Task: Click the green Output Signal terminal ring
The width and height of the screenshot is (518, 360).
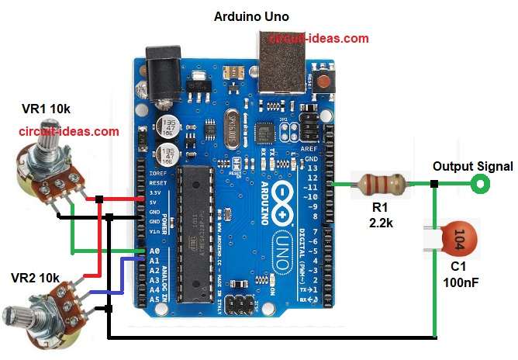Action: coord(482,184)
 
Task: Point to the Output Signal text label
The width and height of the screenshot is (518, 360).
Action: coord(472,166)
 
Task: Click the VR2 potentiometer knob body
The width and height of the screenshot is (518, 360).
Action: coord(43,309)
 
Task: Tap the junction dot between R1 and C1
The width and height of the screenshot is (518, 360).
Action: coord(434,184)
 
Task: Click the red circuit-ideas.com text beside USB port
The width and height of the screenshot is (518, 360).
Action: coord(319,38)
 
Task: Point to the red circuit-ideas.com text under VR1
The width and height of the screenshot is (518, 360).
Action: coord(69,132)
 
